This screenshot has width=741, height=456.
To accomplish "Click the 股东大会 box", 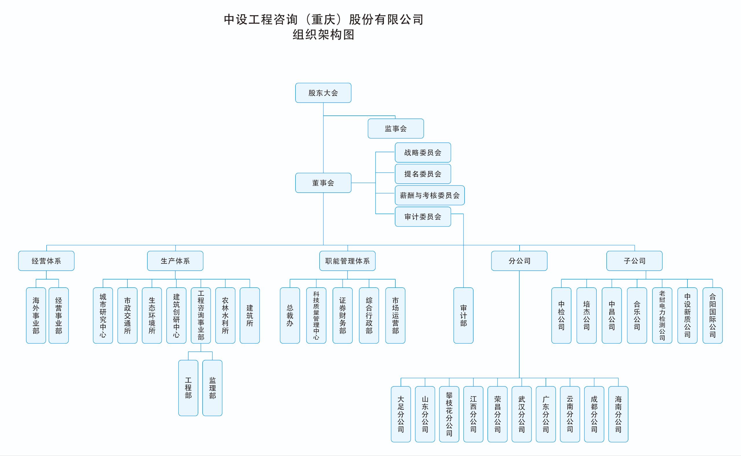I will (323, 93).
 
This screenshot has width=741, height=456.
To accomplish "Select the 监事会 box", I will (396, 128).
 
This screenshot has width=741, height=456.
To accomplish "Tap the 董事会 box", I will (323, 183).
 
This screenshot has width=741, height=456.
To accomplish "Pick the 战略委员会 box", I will (423, 152).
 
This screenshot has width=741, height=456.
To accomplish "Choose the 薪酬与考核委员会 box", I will (430, 195).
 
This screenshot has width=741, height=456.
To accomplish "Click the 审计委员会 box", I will (423, 216).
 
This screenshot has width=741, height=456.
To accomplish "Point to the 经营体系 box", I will (46, 261).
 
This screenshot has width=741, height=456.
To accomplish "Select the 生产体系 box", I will (175, 261).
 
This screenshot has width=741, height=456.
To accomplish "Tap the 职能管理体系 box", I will (347, 261).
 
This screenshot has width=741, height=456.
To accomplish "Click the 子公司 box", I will (634, 261).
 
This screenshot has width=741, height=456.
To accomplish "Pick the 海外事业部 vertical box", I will (36, 315).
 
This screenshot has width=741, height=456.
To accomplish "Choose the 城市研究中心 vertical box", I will (103, 315).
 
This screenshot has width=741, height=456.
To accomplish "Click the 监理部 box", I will (212, 388).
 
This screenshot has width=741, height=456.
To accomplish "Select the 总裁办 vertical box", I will (290, 315).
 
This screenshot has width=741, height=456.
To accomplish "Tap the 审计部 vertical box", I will (463, 315).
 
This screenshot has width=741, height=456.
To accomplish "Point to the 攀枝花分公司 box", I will (449, 414).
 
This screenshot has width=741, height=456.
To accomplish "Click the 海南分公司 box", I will (618, 414).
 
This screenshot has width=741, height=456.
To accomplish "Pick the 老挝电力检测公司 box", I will (662, 315).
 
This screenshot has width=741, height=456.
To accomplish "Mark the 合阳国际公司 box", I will (712, 315).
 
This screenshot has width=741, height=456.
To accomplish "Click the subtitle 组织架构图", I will (323, 35).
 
